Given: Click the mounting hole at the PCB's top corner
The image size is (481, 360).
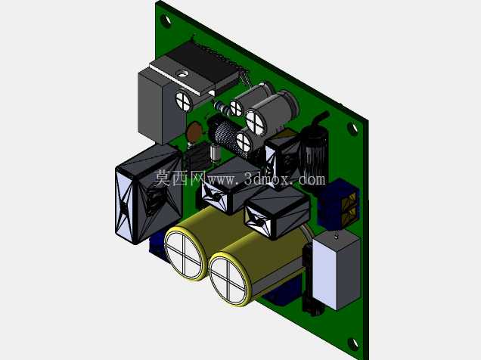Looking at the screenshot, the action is (166, 20).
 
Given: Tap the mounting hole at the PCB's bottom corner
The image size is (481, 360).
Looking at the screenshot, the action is (352, 344).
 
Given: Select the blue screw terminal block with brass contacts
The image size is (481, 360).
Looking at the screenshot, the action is (339, 203).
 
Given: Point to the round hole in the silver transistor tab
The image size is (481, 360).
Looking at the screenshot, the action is (182, 73).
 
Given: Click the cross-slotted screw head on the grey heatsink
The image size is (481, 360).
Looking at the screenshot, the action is (184, 100).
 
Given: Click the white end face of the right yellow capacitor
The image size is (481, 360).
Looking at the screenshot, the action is (230, 278).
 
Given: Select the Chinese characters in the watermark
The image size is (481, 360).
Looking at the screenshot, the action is (179, 178).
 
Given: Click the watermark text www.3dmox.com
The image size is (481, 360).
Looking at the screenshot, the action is (266, 178).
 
